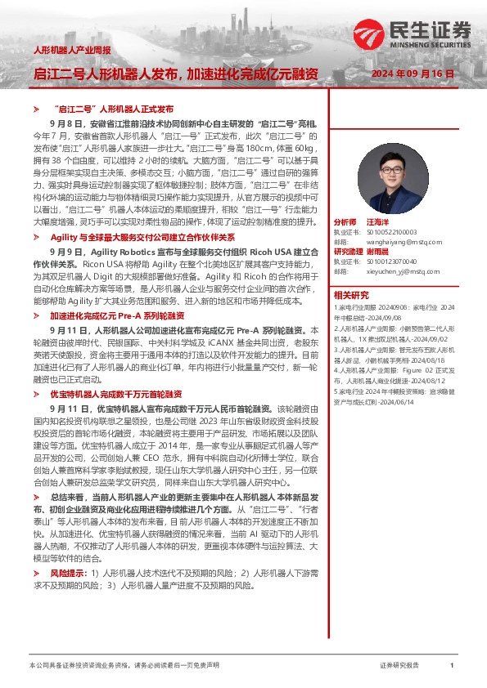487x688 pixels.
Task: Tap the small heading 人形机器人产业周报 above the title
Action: (x=71, y=51)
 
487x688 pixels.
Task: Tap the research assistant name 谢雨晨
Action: (x=386, y=251)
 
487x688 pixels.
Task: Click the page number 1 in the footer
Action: (x=452, y=666)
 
